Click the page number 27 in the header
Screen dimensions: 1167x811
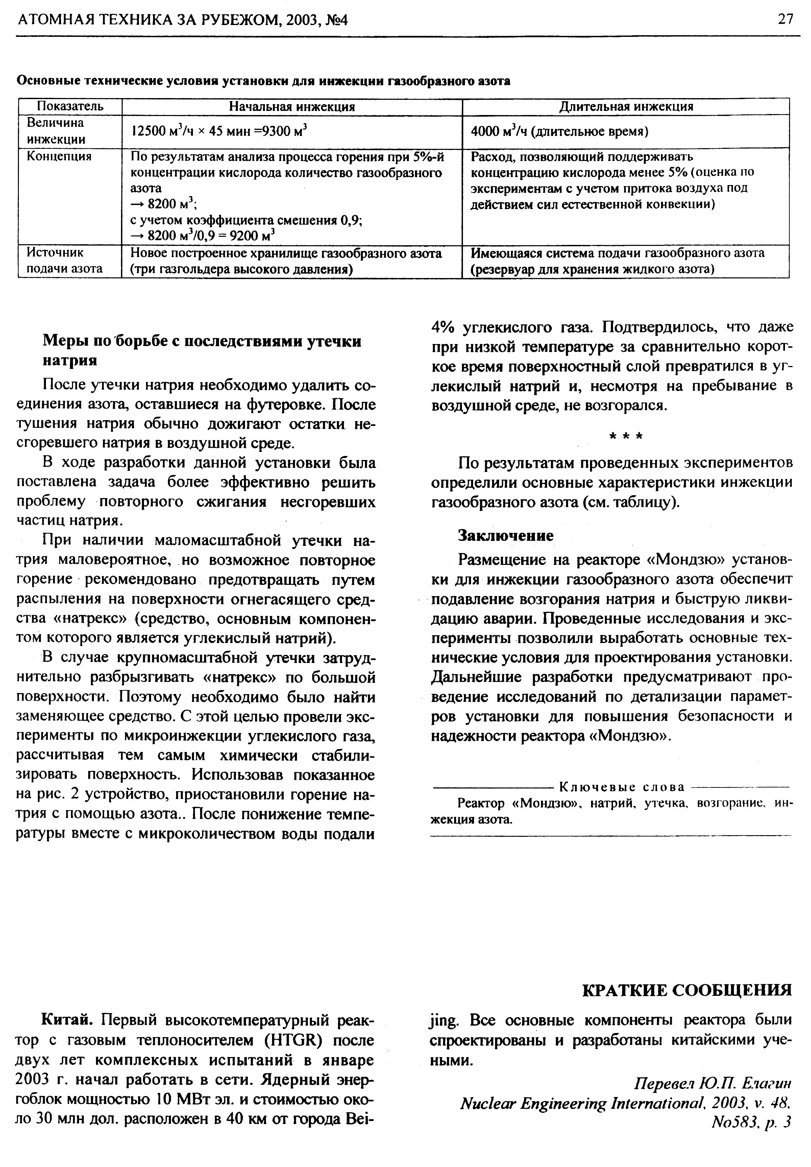(x=785, y=19)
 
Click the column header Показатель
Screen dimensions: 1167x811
(x=70, y=106)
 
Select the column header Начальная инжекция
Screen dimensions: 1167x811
(x=292, y=106)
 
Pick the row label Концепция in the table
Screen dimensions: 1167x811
(x=59, y=156)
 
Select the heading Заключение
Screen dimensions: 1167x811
(x=505, y=535)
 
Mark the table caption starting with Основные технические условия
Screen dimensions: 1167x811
(x=264, y=81)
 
